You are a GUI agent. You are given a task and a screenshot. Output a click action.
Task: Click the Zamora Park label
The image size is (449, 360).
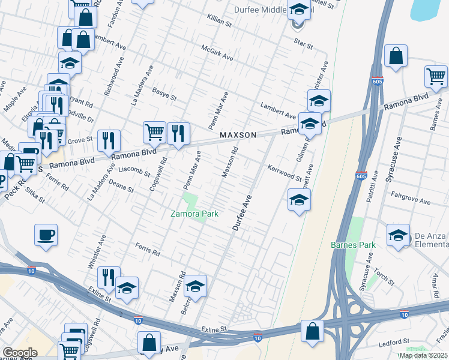pos(193,214)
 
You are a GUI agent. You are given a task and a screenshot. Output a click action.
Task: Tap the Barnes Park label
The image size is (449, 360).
pos(353,245)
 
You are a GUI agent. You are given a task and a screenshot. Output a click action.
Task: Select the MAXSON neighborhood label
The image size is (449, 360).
pos(238,135)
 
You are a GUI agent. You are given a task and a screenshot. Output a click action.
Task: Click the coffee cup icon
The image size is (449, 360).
pos(46,235)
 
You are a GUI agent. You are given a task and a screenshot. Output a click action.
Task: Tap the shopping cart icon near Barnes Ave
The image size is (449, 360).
pos(436,76)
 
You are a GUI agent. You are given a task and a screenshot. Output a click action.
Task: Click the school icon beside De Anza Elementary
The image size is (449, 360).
pos(397,236)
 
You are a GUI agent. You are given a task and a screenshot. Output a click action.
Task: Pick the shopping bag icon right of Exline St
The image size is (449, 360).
pos(312,331)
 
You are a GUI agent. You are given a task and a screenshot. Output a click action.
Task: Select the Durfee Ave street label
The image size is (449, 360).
pos(241,212)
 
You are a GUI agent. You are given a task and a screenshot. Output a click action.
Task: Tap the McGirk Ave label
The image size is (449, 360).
pos(217,53)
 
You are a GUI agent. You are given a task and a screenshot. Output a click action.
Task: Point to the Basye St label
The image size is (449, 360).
pos(164,94)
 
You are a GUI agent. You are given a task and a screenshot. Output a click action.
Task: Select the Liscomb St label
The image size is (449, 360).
pos(134,172)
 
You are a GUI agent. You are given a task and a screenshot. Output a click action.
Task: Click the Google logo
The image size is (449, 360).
pos(20,353)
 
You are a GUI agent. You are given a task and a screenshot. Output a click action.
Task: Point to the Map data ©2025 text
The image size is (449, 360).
pos(423,355)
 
